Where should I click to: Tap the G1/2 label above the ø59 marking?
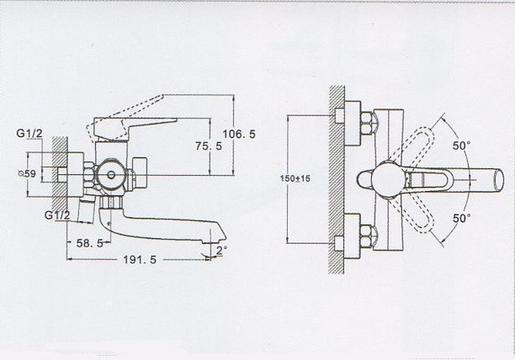click(32, 134)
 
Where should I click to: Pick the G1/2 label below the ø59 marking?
click(58, 214)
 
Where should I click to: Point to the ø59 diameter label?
click(28, 173)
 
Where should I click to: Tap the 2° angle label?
click(220, 251)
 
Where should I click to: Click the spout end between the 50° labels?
click(496, 180)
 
